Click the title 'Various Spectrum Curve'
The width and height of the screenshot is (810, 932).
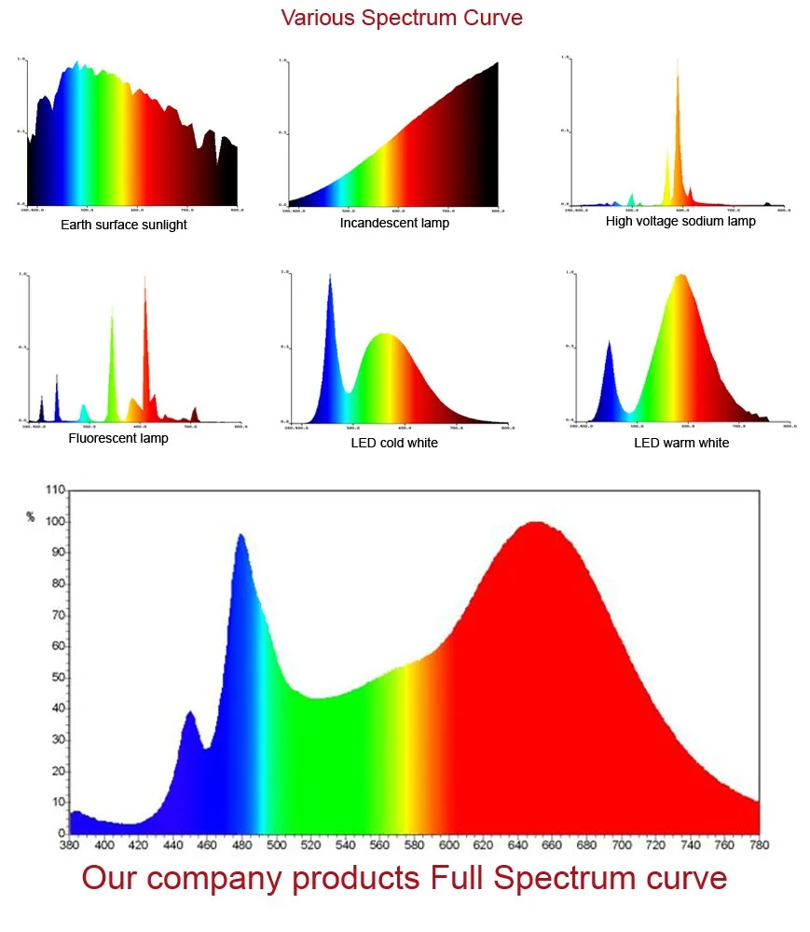click(x=402, y=18)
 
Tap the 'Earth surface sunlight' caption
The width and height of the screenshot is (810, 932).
click(x=124, y=225)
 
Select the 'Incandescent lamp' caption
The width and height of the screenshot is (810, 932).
click(x=394, y=223)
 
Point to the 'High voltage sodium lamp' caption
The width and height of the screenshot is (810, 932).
click(x=680, y=221)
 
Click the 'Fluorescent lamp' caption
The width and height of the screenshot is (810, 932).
click(x=118, y=438)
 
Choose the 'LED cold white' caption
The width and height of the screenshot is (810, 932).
click(x=394, y=443)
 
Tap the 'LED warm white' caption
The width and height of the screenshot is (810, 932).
click(x=681, y=443)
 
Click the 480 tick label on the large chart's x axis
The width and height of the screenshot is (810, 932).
click(x=242, y=845)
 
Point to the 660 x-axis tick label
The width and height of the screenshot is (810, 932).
click(x=552, y=845)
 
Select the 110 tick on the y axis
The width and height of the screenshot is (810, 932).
click(x=55, y=490)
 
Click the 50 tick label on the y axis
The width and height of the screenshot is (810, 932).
click(x=58, y=678)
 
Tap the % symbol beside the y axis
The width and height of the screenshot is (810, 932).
click(x=31, y=516)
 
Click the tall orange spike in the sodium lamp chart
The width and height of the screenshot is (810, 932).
click(x=678, y=84)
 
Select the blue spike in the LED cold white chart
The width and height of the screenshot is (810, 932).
click(x=330, y=280)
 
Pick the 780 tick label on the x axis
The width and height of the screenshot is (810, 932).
click(x=759, y=845)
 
